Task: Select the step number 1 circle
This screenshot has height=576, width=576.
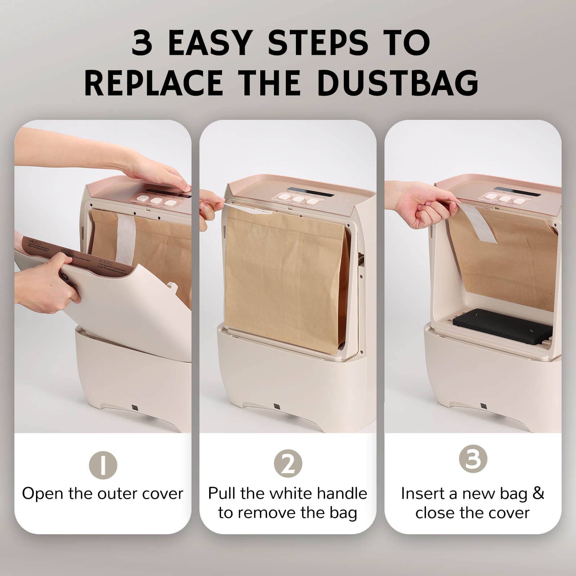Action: pos(103,465)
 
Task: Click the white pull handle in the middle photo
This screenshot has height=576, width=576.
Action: pos(248,208)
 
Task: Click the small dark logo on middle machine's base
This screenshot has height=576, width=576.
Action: pos(276,406)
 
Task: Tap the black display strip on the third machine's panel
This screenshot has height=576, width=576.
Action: pos(517,192)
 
